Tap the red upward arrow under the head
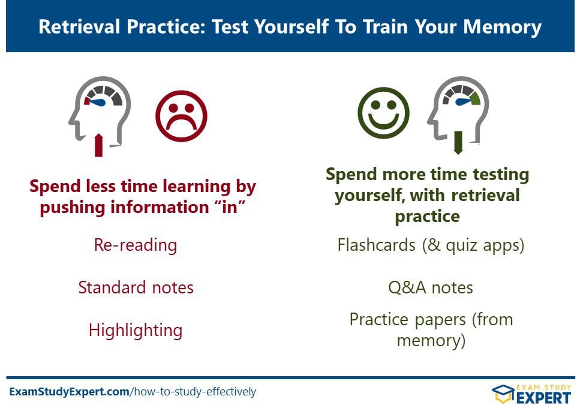pyautogui.click(x=98, y=145)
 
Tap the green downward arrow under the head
pyautogui.click(x=458, y=142)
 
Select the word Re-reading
pyautogui.click(x=136, y=245)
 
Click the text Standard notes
pyautogui.click(x=136, y=287)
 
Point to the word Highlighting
pyautogui.click(x=136, y=330)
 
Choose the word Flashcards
pyautogui.click(x=377, y=245)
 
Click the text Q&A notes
pyautogui.click(x=431, y=287)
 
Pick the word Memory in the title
pyautogui.click(x=502, y=28)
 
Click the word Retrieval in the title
pyautogui.click(x=79, y=26)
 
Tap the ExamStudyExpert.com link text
pyautogui.click(x=69, y=391)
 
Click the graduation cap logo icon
pyautogui.click(x=503, y=394)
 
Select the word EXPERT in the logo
pyautogui.click(x=543, y=398)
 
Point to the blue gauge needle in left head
pyautogui.click(x=98, y=103)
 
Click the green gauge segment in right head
pyautogui.click(x=475, y=98)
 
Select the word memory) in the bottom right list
pyautogui.click(x=431, y=341)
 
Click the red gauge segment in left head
pyautogui.click(x=87, y=101)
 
